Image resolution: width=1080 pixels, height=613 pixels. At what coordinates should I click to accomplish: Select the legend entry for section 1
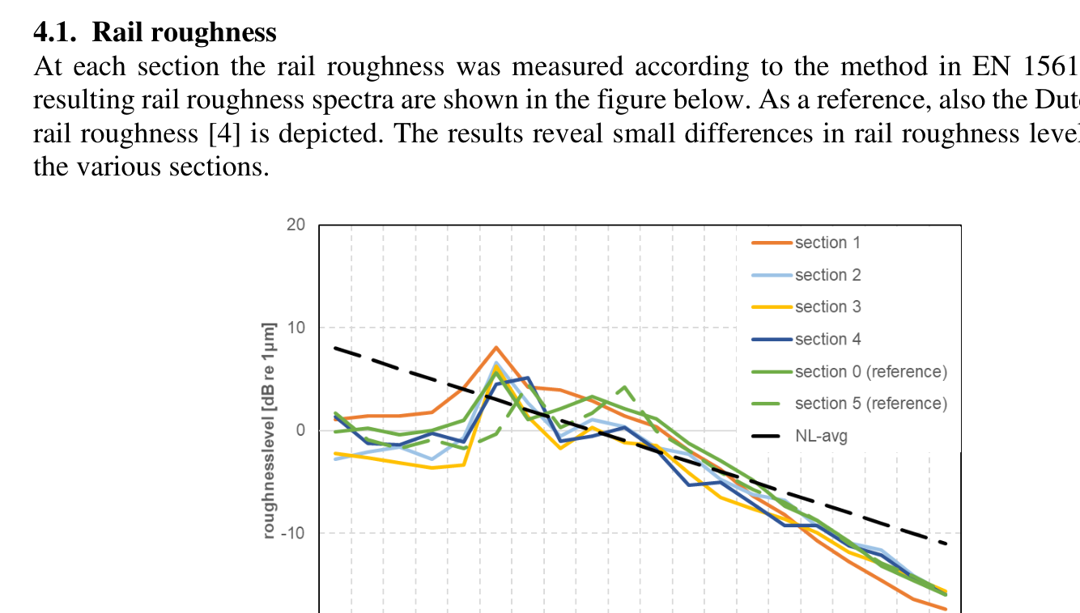pyautogui.click(x=827, y=243)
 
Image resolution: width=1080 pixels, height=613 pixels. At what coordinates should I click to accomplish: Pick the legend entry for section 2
pyautogui.click(x=827, y=275)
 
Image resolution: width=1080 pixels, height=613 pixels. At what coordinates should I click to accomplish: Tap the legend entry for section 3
pyautogui.click(x=827, y=306)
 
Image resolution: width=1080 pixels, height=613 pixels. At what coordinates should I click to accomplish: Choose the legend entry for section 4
pyautogui.click(x=827, y=339)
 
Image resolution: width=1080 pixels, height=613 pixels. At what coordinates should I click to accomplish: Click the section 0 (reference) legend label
pyautogui.click(x=870, y=371)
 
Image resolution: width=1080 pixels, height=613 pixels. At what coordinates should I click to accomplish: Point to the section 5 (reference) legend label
pyautogui.click(x=870, y=404)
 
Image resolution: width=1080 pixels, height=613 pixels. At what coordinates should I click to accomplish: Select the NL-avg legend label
pyautogui.click(x=821, y=436)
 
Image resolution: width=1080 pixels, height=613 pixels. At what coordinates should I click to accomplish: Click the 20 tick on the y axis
pyautogui.click(x=296, y=225)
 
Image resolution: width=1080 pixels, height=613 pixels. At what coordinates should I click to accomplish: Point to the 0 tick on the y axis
pyautogui.click(x=300, y=430)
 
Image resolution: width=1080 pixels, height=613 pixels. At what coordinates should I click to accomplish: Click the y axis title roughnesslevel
pyautogui.click(x=269, y=429)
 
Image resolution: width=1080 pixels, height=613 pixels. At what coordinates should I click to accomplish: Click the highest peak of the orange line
pyautogui.click(x=496, y=348)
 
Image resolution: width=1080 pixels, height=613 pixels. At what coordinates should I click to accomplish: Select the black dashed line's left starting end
pyautogui.click(x=336, y=348)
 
